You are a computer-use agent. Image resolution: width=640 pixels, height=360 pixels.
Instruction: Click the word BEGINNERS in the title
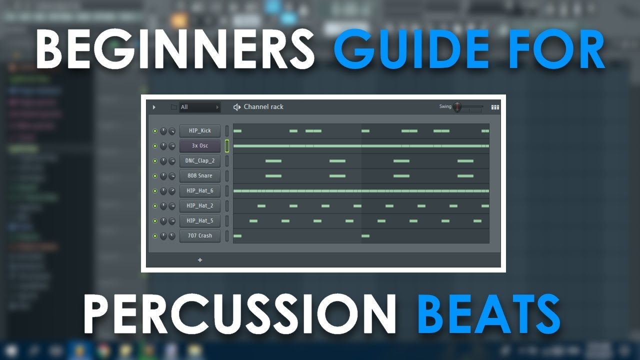click(174, 49)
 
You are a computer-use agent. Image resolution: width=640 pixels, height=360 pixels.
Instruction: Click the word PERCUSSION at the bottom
click(239, 314)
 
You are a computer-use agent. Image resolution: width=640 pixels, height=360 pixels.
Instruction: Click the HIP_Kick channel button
click(200, 131)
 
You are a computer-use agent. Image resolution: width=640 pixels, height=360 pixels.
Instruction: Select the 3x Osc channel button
click(200, 146)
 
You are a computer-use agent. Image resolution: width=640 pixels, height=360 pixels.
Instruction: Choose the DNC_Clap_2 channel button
click(200, 161)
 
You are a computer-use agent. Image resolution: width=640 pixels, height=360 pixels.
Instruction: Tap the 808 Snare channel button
click(200, 176)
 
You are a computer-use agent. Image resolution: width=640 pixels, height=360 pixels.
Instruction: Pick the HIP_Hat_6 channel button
click(200, 191)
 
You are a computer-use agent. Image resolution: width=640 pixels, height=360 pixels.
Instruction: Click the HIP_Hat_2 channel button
click(200, 206)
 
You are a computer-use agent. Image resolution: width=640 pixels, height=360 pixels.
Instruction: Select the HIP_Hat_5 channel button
click(200, 221)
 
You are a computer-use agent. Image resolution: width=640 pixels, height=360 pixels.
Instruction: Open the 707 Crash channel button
click(200, 236)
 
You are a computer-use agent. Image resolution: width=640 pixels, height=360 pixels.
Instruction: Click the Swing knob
click(457, 107)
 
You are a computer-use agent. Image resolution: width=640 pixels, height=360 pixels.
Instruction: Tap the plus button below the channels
click(200, 260)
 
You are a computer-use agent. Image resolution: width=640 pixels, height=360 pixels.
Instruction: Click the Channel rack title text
click(263, 107)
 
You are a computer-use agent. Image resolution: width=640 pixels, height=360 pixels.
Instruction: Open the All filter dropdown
click(199, 107)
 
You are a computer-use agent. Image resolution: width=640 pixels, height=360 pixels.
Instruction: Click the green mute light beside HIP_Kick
click(155, 131)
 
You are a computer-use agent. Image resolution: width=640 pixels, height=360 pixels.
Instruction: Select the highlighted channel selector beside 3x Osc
click(227, 146)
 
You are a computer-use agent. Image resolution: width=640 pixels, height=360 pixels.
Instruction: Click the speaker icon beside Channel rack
click(237, 107)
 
